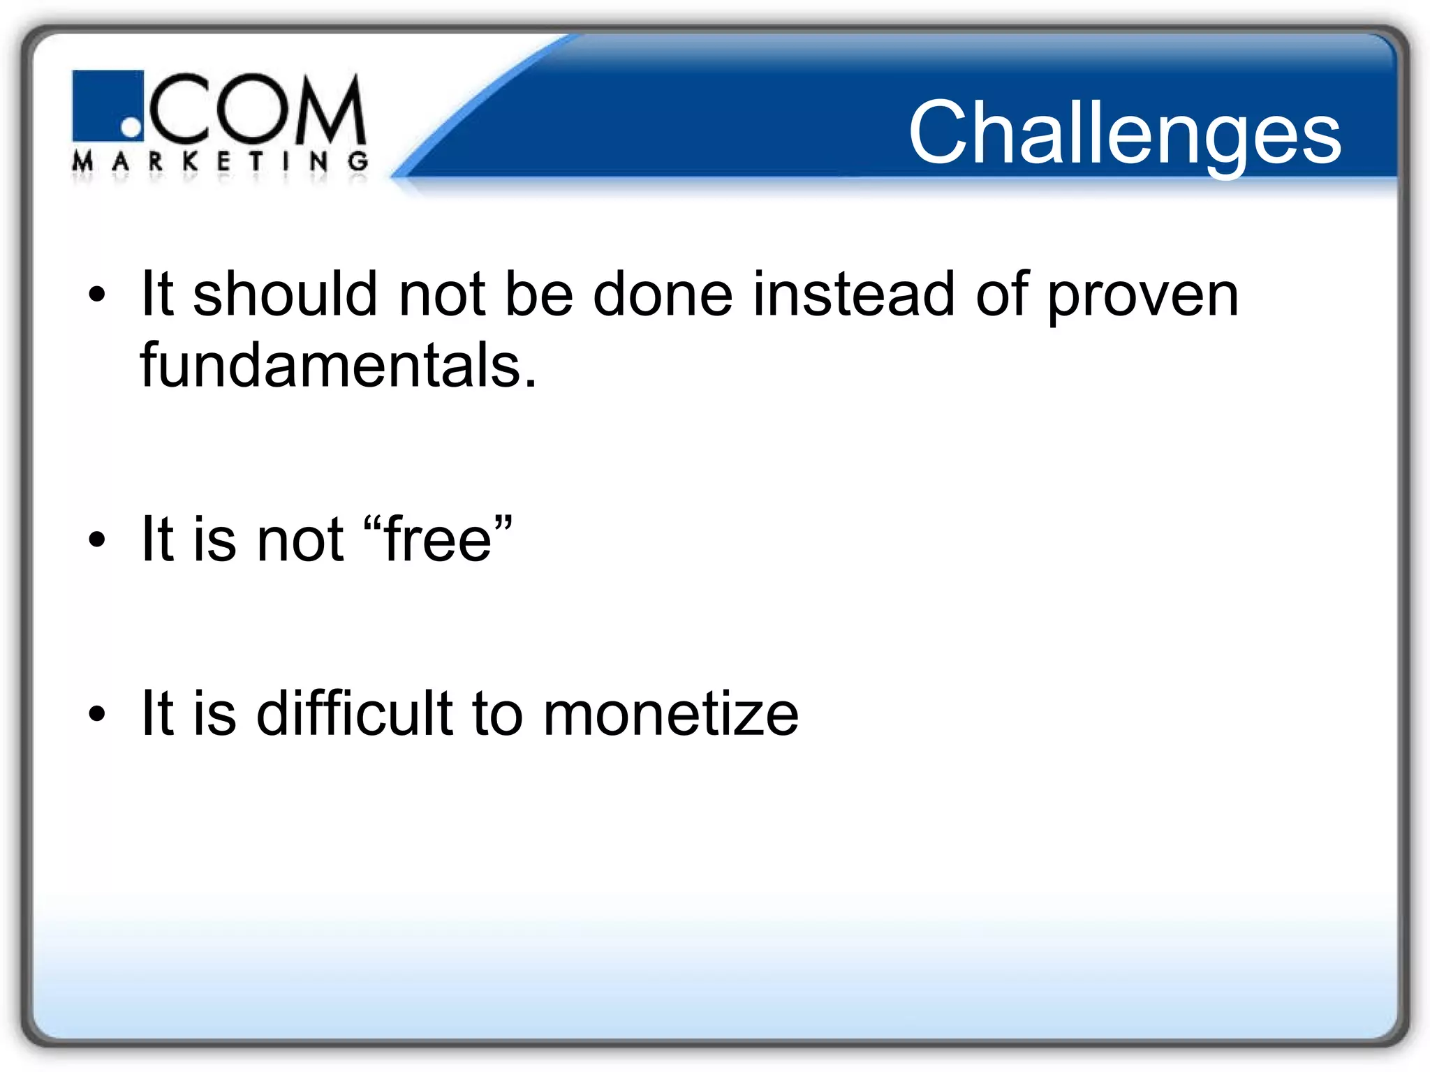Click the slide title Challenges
[x=1124, y=133]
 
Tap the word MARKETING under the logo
[x=220, y=162]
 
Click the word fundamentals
[x=330, y=366]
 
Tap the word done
[x=662, y=295]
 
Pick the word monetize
[x=670, y=713]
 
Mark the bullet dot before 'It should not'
[x=97, y=295]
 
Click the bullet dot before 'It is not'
[x=97, y=539]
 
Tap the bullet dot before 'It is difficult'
[x=97, y=714]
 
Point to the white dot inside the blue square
[x=131, y=127]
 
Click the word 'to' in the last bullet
[x=497, y=713]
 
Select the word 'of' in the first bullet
[x=1001, y=295]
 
